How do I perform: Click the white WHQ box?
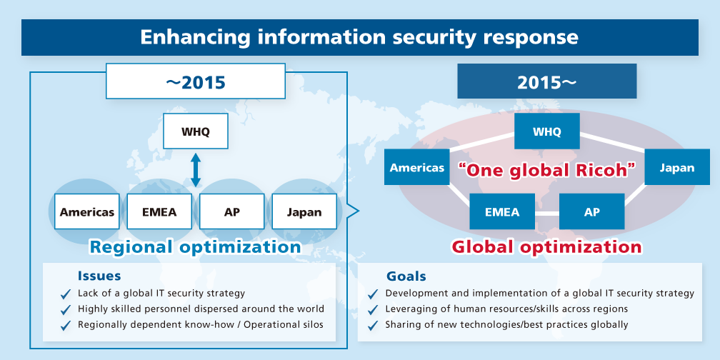click(x=196, y=132)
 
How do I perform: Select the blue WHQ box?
click(x=546, y=131)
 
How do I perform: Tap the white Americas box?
click(x=87, y=211)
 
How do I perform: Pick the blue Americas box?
click(x=417, y=168)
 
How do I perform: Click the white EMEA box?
click(x=159, y=211)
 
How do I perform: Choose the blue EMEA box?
click(x=501, y=211)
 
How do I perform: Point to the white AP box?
click(x=231, y=211)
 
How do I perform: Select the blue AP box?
click(x=591, y=211)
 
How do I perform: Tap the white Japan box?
click(x=304, y=211)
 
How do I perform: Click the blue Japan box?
click(x=676, y=168)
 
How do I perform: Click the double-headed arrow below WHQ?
click(x=196, y=169)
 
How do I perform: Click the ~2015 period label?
click(x=195, y=82)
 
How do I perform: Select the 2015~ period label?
click(x=546, y=82)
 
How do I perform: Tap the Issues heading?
click(x=99, y=276)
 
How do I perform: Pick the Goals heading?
click(x=406, y=276)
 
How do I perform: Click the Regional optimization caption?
click(x=195, y=247)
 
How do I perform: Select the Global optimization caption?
click(x=546, y=247)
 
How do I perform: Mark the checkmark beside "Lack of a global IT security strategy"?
click(x=66, y=294)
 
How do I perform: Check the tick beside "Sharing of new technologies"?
click(x=372, y=325)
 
